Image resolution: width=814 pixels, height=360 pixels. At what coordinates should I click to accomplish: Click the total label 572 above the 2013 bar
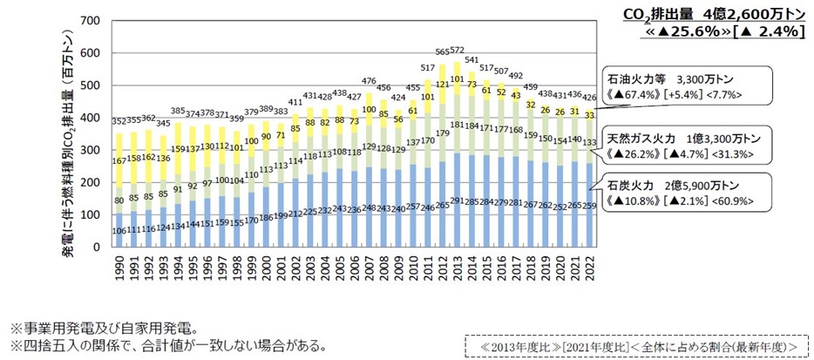click(x=457, y=51)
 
